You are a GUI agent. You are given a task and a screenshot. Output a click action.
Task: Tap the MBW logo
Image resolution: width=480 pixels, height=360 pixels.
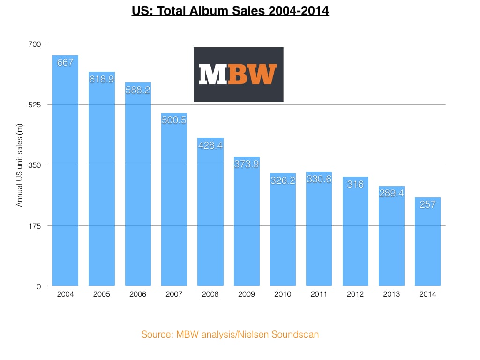point(239,75)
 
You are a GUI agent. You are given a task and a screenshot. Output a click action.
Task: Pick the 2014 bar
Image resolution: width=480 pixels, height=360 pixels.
point(428,244)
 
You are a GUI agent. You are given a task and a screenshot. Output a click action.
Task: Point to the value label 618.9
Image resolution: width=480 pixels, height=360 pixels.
point(102,80)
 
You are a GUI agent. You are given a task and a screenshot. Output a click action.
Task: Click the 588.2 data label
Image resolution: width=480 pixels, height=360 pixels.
point(138,90)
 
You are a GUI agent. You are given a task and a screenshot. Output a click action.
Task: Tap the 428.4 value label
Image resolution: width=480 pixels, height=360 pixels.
point(210,145)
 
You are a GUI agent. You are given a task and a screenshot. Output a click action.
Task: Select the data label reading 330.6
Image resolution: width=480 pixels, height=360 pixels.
point(319,179)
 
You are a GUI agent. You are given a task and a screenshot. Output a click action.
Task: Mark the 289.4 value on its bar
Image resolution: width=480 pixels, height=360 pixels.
point(392,193)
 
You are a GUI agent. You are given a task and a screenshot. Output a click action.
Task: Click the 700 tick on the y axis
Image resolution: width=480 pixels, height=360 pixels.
point(36,44)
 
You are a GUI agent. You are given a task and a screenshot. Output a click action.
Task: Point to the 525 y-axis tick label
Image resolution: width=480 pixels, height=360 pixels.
point(36,105)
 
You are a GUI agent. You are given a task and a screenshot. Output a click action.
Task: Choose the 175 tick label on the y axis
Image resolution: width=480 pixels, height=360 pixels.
point(36,226)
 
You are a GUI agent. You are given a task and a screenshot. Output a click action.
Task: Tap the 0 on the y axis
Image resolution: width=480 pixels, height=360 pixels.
point(39,286)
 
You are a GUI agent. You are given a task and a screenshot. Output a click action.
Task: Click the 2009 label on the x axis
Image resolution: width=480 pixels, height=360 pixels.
point(247,294)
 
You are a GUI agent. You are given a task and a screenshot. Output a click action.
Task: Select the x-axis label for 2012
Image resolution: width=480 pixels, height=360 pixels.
point(355,294)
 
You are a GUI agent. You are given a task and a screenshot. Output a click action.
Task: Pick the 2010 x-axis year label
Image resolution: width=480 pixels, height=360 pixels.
point(283,294)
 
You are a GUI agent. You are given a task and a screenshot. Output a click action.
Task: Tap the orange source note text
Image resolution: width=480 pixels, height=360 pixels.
point(231,335)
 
